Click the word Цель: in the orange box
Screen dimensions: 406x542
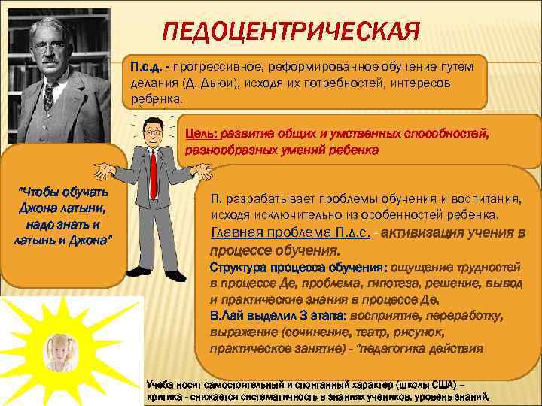[202, 134]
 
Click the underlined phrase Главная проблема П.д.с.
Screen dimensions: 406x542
[291, 232]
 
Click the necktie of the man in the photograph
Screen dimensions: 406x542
[51, 95]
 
